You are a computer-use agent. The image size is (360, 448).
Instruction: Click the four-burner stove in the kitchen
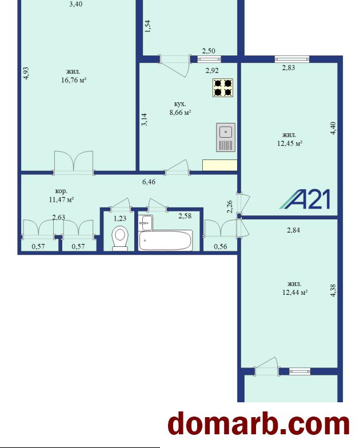223,88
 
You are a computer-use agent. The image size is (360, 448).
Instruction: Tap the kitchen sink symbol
226,137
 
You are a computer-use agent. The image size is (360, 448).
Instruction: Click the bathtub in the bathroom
166,241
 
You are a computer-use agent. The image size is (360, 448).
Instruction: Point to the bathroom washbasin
146,223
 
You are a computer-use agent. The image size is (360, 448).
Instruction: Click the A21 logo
305,199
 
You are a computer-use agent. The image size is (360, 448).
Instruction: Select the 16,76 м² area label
74,80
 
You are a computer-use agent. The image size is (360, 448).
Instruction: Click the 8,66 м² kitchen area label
180,112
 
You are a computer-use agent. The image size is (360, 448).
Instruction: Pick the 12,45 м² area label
290,143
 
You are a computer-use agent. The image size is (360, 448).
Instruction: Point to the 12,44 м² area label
295,293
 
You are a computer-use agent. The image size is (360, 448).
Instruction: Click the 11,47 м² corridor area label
62,199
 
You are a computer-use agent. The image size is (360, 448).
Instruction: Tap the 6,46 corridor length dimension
149,182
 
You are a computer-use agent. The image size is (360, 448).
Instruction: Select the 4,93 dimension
26,73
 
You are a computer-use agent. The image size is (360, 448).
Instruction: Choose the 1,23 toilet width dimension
120,219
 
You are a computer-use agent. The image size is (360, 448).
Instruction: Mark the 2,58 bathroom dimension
185,216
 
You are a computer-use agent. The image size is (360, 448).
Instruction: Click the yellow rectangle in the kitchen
219,165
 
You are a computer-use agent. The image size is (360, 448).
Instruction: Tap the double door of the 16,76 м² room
74,162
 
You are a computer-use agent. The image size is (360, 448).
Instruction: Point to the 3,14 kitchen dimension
145,120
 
